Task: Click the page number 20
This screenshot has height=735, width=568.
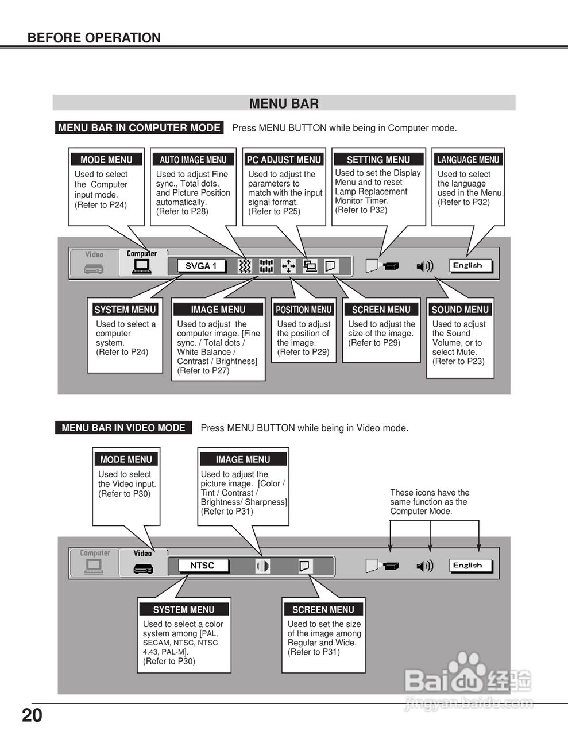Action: click(x=32, y=715)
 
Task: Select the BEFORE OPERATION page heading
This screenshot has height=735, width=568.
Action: click(x=94, y=38)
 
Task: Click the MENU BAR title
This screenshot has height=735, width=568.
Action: click(x=284, y=103)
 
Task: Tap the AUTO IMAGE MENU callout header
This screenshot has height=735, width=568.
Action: click(x=193, y=160)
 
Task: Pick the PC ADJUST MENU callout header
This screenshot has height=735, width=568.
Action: click(x=284, y=160)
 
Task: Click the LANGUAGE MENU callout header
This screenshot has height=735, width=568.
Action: click(x=468, y=160)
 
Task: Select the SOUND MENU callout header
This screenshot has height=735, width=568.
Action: click(x=460, y=310)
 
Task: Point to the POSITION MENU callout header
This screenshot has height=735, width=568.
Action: click(x=303, y=310)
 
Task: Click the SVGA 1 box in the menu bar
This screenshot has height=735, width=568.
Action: click(x=200, y=266)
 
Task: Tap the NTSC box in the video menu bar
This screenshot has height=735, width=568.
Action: click(x=202, y=566)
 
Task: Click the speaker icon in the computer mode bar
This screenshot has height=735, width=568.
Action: click(x=424, y=266)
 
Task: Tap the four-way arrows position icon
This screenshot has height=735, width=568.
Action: click(x=288, y=266)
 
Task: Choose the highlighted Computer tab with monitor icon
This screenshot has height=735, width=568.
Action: click(x=141, y=262)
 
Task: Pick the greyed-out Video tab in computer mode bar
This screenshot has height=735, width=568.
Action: click(x=94, y=262)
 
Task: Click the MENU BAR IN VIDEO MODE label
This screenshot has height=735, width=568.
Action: click(x=123, y=428)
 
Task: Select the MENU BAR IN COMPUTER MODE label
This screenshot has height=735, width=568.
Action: click(x=140, y=128)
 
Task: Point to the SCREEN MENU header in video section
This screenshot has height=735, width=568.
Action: click(x=323, y=609)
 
